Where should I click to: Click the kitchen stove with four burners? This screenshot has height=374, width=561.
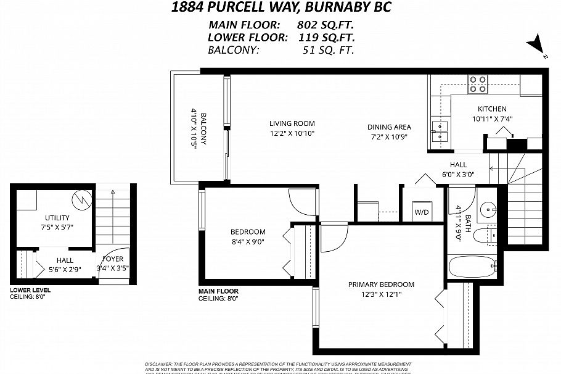(477, 83)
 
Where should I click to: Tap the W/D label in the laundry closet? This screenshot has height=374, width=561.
(422, 212)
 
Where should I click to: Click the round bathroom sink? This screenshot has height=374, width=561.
(491, 209)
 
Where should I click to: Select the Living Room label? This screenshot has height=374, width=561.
(292, 123)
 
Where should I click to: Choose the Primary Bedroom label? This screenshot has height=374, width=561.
(380, 285)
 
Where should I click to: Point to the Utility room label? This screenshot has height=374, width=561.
(57, 218)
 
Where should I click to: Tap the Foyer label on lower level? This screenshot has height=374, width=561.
(113, 259)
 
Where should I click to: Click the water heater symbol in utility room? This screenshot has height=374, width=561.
(82, 199)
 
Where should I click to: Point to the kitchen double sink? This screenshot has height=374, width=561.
(441, 131)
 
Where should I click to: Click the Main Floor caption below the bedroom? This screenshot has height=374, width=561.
(218, 291)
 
